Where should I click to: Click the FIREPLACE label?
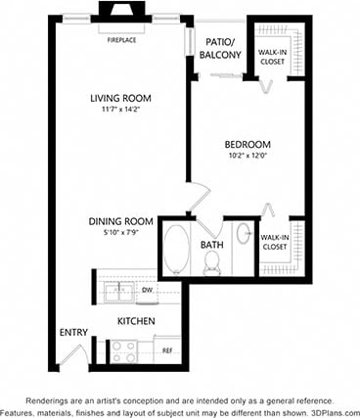pos(122,40)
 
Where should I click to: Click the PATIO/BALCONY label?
pos(220,48)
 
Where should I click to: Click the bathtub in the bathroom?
pos(176,250)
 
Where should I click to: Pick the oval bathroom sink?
pos(244,239)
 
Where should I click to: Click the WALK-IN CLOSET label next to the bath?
pos(275,243)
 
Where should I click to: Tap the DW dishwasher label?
pos(146,290)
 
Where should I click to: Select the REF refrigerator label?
pos(166,349)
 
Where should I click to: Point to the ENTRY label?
pos(73,333)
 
